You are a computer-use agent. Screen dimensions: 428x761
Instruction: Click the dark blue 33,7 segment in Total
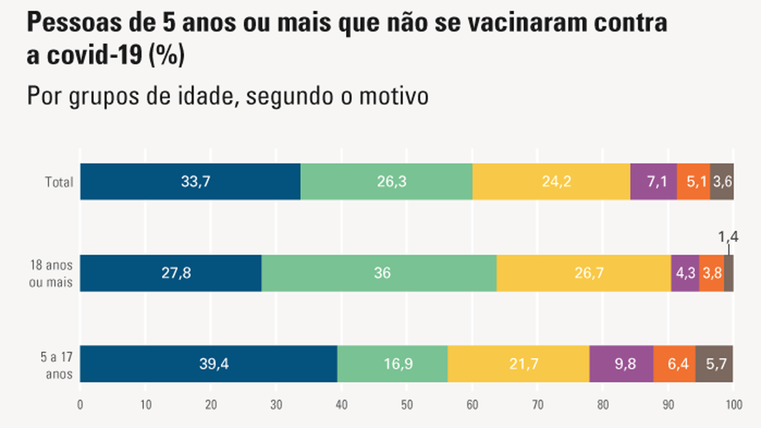point(190,182)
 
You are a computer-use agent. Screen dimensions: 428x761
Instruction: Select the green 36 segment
point(379,273)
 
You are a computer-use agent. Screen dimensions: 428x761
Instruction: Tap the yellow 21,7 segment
point(518,364)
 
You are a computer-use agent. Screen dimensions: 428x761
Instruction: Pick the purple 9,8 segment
point(621,364)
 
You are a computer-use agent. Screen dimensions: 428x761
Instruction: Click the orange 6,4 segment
point(674,364)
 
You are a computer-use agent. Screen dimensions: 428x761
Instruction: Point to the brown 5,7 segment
point(714,364)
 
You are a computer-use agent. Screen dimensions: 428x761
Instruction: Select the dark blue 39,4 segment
point(209,364)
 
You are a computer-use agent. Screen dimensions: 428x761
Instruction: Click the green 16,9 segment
point(392,364)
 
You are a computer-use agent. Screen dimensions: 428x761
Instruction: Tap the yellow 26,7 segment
point(584,273)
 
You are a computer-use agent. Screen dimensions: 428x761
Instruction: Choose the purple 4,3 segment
point(685,273)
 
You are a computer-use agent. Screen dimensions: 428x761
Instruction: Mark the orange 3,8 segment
point(711,273)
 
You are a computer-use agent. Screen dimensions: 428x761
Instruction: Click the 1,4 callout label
point(728,237)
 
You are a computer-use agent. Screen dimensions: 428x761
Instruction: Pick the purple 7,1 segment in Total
point(653,182)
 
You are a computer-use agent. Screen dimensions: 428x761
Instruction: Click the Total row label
point(59,182)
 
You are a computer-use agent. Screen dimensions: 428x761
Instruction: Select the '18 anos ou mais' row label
point(51,273)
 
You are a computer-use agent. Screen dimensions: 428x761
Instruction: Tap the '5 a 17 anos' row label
point(56,366)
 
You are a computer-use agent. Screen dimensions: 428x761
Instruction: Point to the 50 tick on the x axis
point(407,405)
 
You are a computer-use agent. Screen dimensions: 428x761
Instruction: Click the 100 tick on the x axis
point(733,405)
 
